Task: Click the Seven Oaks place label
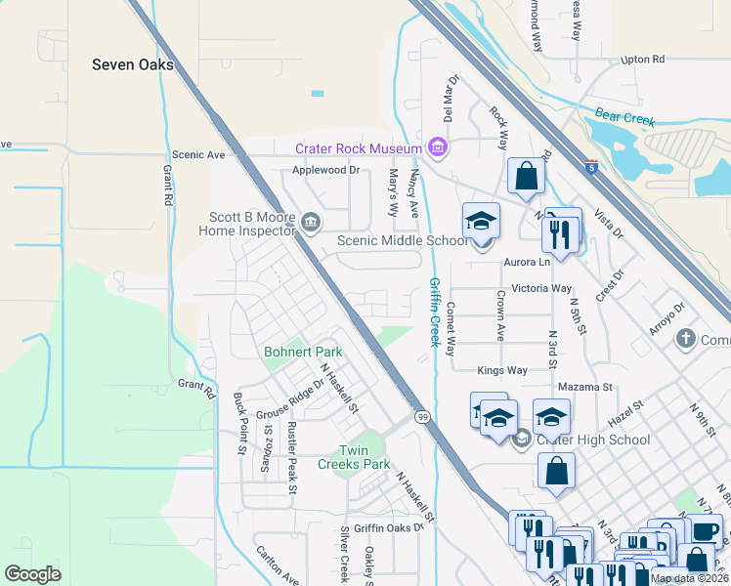tap(132, 65)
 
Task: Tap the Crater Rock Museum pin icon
tap(437, 148)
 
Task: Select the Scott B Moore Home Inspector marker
tap(311, 224)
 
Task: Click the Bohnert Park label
tap(303, 352)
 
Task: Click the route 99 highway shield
tap(422, 417)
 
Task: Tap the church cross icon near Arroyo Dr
tap(687, 339)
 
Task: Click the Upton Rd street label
tap(642, 60)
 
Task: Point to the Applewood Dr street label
tap(326, 170)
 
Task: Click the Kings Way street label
tap(502, 371)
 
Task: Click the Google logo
tap(33, 573)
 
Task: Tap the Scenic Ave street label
tap(198, 154)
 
